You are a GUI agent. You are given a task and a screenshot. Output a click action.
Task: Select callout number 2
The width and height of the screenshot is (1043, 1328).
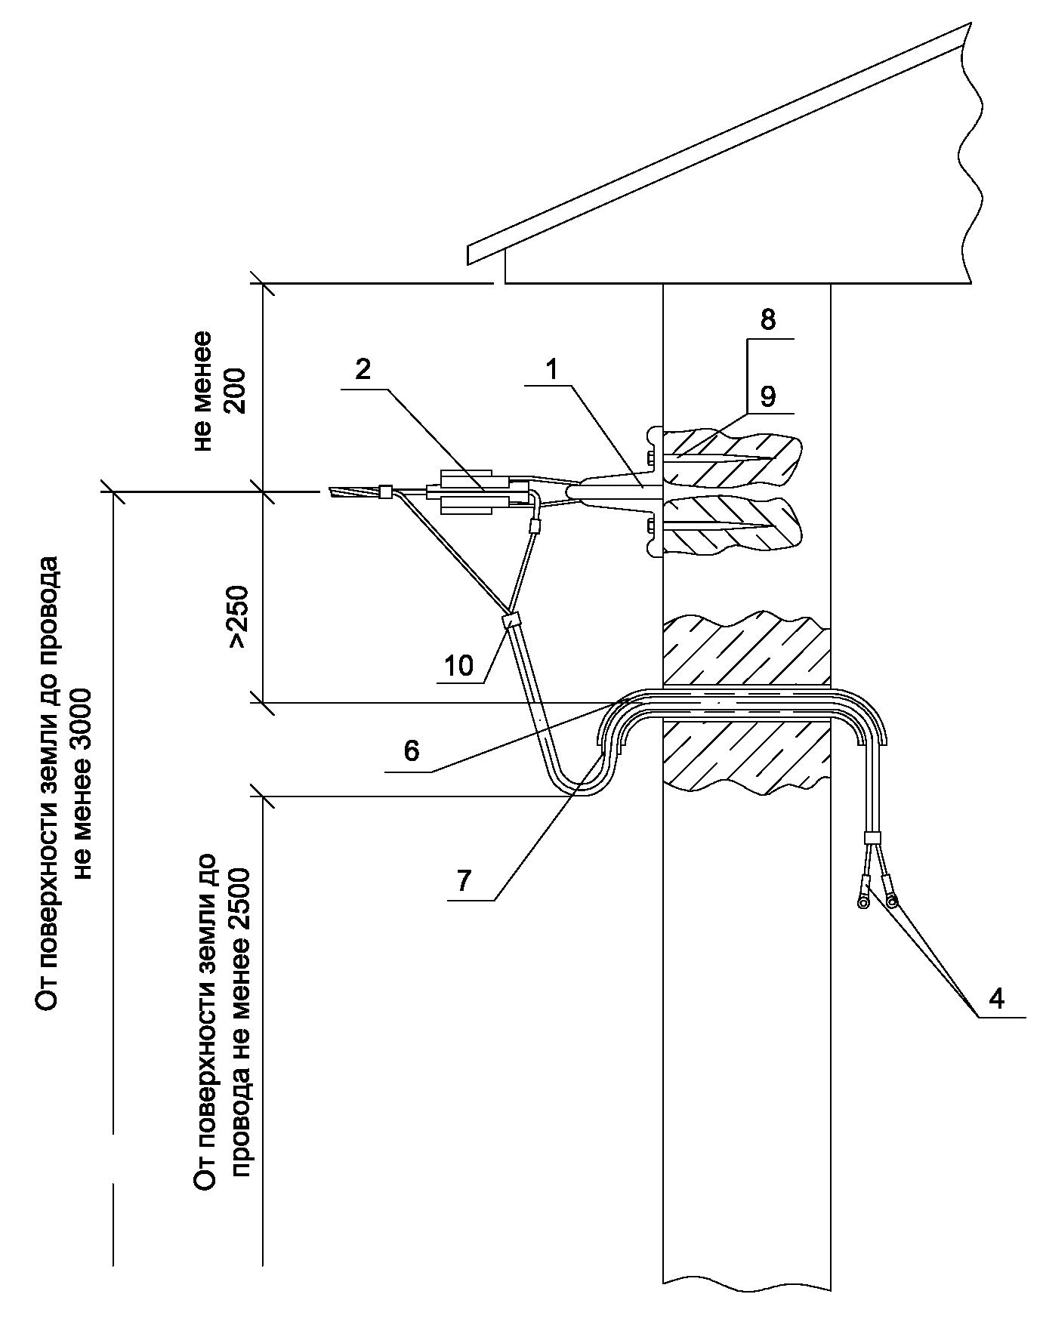[363, 371]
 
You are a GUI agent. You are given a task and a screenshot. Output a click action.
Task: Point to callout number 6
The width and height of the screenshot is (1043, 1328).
[411, 751]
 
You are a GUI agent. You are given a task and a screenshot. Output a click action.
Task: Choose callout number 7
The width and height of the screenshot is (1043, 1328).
[463, 880]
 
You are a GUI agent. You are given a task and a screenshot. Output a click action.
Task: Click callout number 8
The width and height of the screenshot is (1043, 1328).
[767, 320]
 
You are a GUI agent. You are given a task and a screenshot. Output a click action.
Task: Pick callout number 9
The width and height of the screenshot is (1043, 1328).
[767, 396]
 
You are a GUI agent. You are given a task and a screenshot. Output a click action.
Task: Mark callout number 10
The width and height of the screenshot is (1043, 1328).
[458, 665]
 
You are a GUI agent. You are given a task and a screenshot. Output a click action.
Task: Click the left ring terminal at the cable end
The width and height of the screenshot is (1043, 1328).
[861, 901]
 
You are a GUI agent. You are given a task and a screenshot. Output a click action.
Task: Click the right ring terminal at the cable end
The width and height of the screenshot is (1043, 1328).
[893, 901]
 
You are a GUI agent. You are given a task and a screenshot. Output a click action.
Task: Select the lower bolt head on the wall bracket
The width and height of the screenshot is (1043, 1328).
[650, 522]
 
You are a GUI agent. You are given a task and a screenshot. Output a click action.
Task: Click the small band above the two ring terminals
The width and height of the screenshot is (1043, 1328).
[872, 837]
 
